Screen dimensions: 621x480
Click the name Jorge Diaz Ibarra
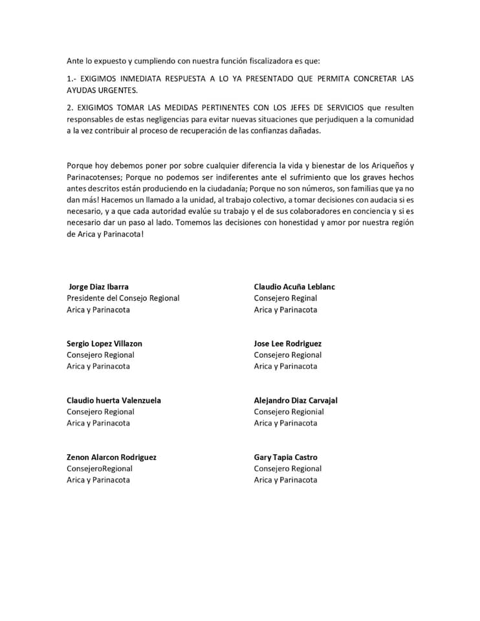98,287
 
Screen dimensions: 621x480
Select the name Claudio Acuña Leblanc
294,287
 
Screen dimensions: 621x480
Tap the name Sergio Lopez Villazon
104,343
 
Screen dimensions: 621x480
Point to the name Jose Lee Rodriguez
287,343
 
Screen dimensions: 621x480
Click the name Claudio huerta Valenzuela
114,400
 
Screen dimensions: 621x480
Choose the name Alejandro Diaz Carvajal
296,400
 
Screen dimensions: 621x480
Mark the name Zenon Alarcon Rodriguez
111,457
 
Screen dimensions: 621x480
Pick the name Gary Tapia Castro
285,457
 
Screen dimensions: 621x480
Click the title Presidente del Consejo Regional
123,298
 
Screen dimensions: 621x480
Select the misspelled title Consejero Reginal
285,298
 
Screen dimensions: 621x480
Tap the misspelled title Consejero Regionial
289,411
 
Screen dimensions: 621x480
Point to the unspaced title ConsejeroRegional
100,468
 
